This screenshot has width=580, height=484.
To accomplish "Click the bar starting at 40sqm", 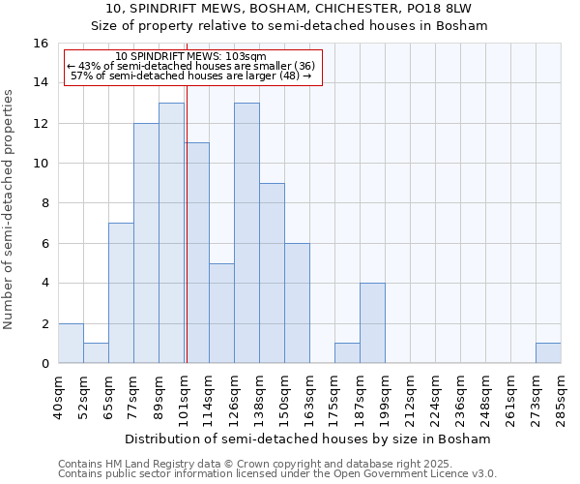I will click(71, 344).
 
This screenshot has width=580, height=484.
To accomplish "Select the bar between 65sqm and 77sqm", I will click(121, 293).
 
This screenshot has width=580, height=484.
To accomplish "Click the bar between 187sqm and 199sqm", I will click(372, 323).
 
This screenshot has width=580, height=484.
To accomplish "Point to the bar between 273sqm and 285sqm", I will click(548, 353).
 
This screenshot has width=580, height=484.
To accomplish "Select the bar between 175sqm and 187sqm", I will click(347, 353).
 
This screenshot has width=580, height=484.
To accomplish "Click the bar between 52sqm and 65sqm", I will click(96, 353).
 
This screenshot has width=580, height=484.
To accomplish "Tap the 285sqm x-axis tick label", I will click(562, 394).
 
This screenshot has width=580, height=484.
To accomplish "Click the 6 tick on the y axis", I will click(44, 244).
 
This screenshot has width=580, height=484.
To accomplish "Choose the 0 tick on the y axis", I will click(44, 364).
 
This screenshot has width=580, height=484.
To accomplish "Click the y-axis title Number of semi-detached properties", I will click(10, 209).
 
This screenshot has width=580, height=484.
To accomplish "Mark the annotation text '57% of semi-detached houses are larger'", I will click(191, 76).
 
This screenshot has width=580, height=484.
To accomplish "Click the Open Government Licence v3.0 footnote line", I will click(277, 474).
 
